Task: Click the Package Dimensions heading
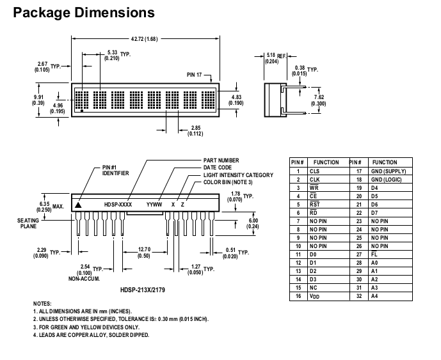(x=83, y=12)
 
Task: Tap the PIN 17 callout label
(x=195, y=75)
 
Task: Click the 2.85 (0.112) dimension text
(x=195, y=130)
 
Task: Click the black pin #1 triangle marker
(x=78, y=205)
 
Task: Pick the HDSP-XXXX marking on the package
(x=118, y=205)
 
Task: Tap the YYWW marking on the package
(x=154, y=205)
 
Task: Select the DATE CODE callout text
(x=218, y=168)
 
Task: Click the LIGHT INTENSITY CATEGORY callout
(x=238, y=175)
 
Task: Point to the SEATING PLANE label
(x=28, y=223)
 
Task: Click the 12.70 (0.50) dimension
(x=144, y=253)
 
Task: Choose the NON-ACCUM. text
(x=83, y=279)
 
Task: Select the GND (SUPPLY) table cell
(x=390, y=171)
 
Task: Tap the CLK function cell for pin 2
(x=314, y=180)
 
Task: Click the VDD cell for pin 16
(x=314, y=296)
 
